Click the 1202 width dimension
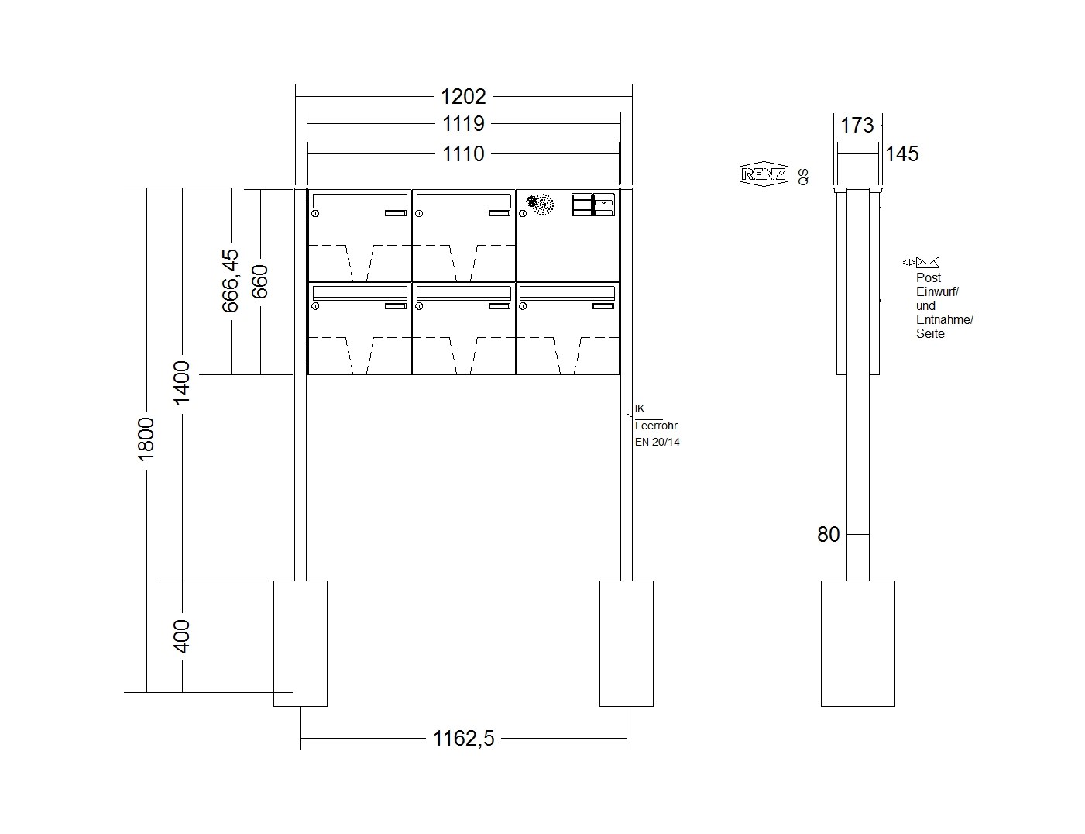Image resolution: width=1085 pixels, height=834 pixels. [x=463, y=96]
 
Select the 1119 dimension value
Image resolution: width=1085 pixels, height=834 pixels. [x=463, y=123]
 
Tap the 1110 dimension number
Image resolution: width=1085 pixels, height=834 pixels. [x=463, y=153]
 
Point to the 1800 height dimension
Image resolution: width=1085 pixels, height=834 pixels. [x=146, y=439]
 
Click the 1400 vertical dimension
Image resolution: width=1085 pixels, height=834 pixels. [x=182, y=383]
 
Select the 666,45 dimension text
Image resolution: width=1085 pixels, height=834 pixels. [x=230, y=281]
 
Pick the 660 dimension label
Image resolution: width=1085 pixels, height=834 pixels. [x=259, y=282]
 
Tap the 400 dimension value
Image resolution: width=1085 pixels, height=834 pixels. [x=182, y=636]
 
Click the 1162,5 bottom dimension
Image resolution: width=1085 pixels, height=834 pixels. [x=463, y=738]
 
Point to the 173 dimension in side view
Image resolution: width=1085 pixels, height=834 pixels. [x=857, y=125]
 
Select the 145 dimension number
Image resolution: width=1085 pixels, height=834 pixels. [x=901, y=153]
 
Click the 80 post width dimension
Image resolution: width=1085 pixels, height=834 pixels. [x=829, y=534]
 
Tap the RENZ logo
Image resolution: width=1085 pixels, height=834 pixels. [x=764, y=174]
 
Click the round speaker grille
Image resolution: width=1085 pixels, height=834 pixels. [x=541, y=205]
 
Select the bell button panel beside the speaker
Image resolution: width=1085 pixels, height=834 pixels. [x=593, y=205]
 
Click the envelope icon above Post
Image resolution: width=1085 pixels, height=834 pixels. [x=927, y=262]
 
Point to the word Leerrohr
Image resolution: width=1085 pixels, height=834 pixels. [x=656, y=426]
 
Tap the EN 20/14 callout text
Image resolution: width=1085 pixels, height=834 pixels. [x=657, y=443]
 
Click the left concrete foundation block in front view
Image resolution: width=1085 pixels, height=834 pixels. [x=300, y=643]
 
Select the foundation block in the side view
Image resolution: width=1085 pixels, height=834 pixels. [x=858, y=643]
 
